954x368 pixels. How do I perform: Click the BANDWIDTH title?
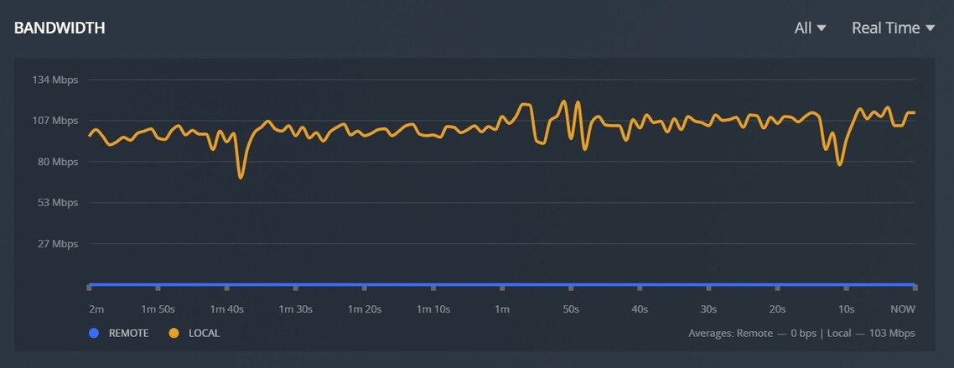60,28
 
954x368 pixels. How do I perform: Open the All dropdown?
810,28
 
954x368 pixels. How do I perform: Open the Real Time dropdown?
892,28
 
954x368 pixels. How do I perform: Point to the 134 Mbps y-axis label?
54,80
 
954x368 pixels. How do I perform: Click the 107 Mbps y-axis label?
54,121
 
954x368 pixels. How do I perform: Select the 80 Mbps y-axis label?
56,162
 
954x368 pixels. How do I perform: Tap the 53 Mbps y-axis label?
56,203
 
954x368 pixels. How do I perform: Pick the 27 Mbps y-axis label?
56,244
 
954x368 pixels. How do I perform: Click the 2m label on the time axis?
96,309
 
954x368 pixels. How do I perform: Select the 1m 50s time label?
158,309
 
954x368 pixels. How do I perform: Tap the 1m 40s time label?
226,309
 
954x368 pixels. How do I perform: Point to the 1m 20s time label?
364,309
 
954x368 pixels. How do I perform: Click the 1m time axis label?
501,309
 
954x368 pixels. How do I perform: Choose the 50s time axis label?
571,309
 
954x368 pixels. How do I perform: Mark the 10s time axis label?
846,309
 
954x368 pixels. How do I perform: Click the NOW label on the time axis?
902,309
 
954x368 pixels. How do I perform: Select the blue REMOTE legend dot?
94,334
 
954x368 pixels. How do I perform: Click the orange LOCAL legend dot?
174,334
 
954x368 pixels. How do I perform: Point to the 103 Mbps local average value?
891,334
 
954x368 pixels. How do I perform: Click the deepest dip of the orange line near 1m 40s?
241,177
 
